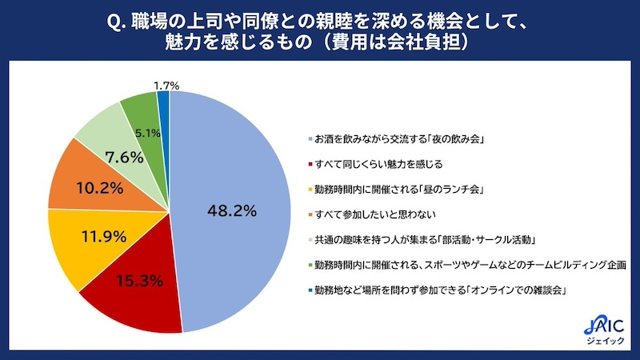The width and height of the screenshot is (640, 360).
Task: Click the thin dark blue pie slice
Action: point(164,98)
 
